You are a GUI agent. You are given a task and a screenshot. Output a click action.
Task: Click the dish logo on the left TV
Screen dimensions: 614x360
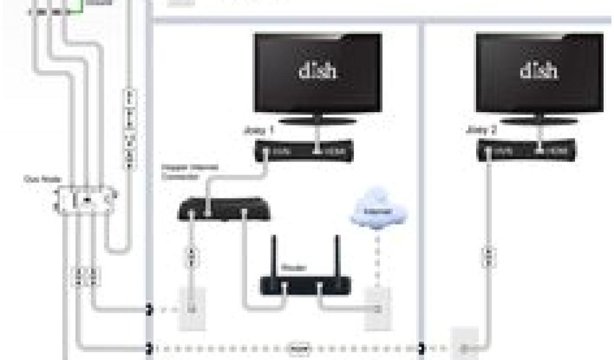317,71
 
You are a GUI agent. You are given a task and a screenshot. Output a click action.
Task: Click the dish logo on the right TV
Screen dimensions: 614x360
539,71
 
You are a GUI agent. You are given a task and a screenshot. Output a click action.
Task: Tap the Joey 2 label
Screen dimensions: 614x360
481,130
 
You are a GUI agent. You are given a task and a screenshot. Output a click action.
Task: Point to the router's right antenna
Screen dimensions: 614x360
336,255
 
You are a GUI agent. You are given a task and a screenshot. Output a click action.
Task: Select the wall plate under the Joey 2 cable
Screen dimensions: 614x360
465,345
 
